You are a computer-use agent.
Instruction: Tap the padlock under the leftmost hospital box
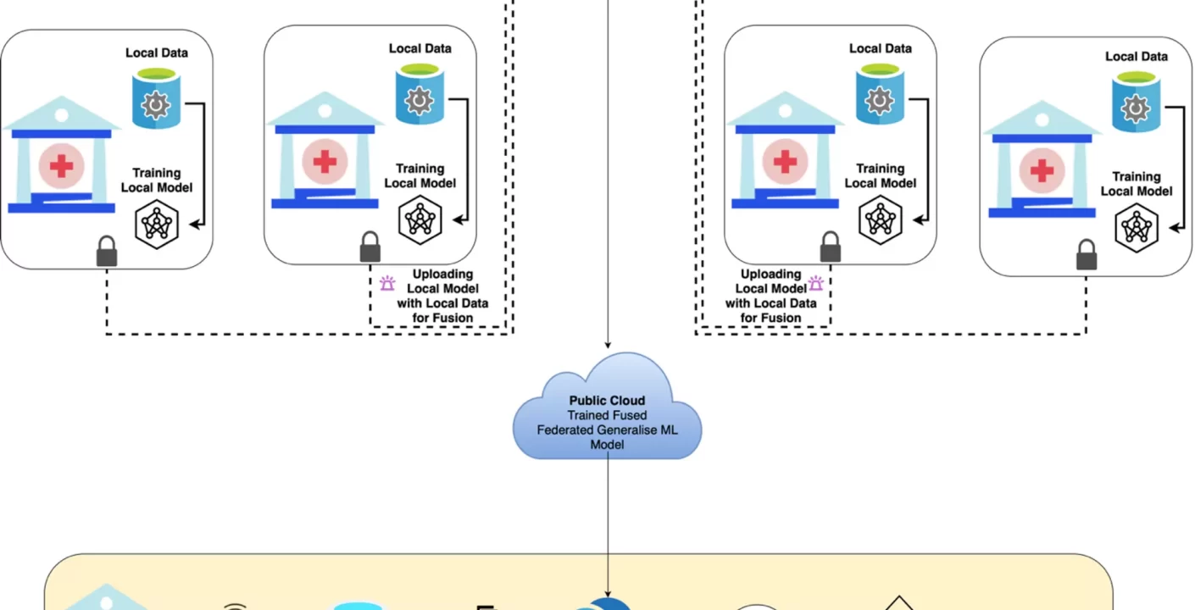point(107,252)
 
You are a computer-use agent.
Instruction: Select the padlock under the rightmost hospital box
point(1086,256)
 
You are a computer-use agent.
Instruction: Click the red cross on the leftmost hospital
point(61,165)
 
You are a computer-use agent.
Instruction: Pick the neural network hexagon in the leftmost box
point(157,224)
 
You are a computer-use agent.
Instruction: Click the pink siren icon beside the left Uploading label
point(387,284)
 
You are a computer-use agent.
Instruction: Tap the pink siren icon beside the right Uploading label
point(815,284)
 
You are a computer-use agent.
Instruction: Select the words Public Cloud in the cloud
point(607,401)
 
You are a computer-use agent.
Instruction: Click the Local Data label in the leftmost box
point(157,53)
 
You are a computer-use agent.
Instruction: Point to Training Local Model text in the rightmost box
point(1136,184)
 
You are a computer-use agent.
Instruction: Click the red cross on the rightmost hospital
point(1042,169)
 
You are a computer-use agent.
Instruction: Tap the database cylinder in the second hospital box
point(420,98)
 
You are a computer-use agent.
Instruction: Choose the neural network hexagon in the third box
point(881,220)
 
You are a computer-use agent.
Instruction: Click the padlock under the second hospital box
point(370,247)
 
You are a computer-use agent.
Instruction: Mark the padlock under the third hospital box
point(831,247)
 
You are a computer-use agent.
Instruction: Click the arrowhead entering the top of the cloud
point(607,345)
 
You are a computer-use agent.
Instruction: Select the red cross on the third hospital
point(785,161)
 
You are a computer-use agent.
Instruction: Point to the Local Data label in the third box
point(881,48)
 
